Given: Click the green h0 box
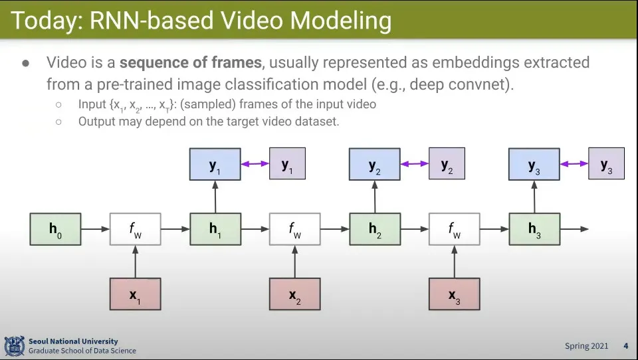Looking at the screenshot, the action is point(55,229).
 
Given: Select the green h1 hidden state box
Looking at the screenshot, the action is point(215,229).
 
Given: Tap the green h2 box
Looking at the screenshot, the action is point(375,229).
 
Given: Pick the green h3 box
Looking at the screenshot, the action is point(534,229).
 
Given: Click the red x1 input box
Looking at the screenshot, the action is point(135,294).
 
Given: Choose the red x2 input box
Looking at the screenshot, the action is point(294,294).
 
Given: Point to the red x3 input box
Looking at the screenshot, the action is point(454,294).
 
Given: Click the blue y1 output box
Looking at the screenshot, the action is point(215,165).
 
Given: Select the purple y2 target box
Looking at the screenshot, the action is point(447,164).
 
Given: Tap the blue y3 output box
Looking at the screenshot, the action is point(534,165).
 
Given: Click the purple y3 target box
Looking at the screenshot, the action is point(606,164).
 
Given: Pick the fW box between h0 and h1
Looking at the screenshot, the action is point(135,229).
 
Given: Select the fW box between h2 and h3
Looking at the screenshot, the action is point(454,229).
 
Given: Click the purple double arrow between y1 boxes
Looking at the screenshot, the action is point(255,164).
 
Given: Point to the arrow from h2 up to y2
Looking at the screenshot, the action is point(375,197).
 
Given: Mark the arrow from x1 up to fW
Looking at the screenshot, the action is point(135,262).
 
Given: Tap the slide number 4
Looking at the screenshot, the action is point(625,346).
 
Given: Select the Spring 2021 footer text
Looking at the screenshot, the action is point(586,346).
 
